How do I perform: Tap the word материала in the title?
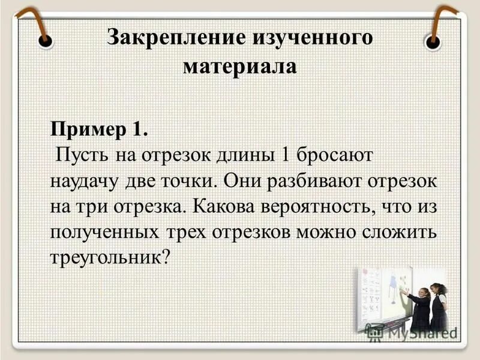240,65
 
